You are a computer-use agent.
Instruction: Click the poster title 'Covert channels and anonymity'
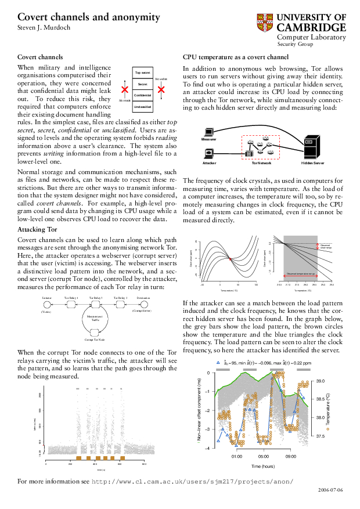coord(89,18)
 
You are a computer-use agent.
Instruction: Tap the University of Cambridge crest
coord(265,23)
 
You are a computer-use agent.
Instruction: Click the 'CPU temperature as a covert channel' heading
coord(236,57)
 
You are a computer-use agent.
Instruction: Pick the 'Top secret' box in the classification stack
coord(143,73)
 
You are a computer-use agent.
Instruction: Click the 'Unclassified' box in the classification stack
coord(143,107)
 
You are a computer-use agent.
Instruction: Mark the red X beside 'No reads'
coord(124,90)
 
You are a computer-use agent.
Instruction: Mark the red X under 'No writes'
coord(161,90)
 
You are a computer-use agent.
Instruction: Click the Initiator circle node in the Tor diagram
coord(47,304)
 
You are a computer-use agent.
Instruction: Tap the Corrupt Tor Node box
coord(93,331)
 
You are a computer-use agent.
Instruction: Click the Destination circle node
coord(144,304)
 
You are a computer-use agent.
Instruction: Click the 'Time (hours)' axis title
coord(262,466)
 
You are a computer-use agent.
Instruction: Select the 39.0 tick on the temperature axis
coord(321,381)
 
